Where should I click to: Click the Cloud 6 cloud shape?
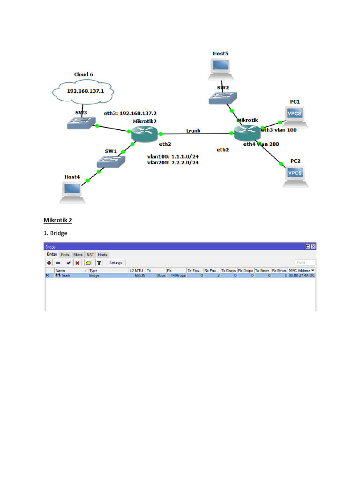point(85,91)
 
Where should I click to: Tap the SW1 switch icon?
point(111,161)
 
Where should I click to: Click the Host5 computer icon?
point(220,67)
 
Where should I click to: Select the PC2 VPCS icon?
point(295,176)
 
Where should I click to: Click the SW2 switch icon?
point(223,97)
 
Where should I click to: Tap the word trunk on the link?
point(193,131)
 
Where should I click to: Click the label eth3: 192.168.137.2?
point(130,113)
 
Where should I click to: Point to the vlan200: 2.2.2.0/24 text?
point(172,163)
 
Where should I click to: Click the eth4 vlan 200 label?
point(261,144)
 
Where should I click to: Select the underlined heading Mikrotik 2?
point(58,220)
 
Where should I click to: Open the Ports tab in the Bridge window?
point(65,255)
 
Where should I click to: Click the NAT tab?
point(90,255)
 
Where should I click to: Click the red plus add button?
point(49,263)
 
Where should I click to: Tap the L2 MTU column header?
point(136,270)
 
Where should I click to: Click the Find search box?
point(305,263)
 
